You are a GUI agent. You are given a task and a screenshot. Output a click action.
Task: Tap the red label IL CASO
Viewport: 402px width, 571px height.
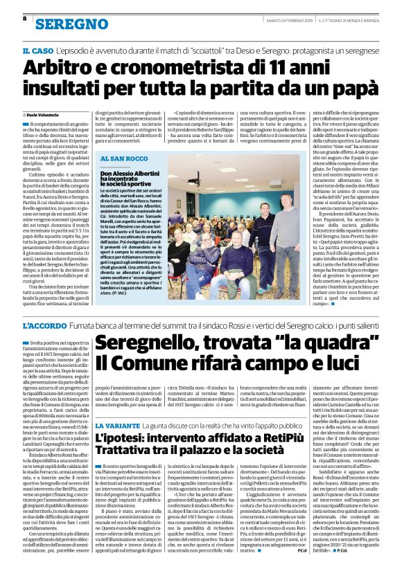pos(35,52)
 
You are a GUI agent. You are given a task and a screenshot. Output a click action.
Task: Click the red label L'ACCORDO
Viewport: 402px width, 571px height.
pos(44,325)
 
